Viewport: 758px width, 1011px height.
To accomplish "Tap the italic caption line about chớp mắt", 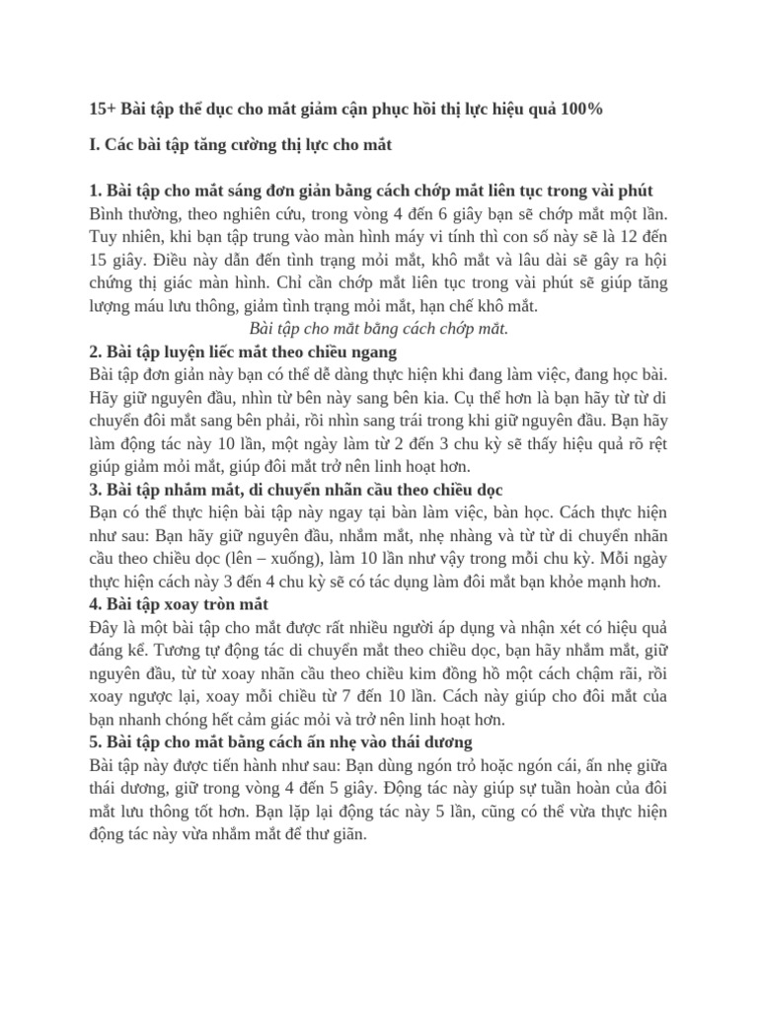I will click(378, 329).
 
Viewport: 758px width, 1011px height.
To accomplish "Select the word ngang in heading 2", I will click(371, 351).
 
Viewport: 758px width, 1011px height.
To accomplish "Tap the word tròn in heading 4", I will click(212, 603).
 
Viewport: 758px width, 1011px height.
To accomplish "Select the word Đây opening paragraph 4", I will click(105, 627).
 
